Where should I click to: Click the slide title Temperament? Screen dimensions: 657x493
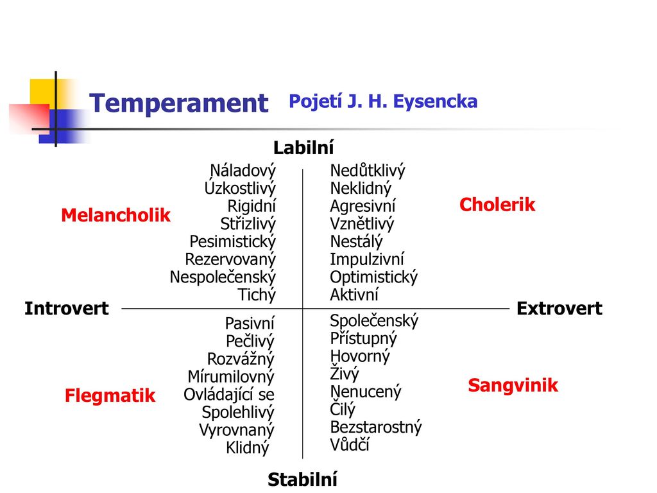click(179, 103)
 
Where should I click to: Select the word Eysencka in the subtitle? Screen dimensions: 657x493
click(436, 102)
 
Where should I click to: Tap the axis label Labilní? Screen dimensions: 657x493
click(303, 148)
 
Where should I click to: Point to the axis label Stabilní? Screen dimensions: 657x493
click(303, 479)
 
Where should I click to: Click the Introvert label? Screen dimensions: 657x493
click(67, 309)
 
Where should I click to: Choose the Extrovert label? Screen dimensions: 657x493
click(559, 309)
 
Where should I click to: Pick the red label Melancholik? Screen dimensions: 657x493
click(115, 215)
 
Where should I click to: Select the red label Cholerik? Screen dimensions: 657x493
click(497, 205)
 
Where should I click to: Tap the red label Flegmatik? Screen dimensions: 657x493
click(110, 395)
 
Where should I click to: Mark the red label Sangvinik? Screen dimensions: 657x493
click(513, 385)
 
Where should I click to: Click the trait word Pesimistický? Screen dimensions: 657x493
click(232, 242)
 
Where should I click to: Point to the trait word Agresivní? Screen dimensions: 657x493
click(363, 206)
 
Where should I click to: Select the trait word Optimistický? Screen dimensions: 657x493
click(374, 277)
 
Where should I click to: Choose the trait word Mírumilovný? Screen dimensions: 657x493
click(231, 377)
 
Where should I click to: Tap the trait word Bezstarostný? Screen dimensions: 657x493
click(376, 427)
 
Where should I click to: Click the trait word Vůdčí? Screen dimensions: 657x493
click(350, 444)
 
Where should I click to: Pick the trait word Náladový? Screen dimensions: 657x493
click(243, 171)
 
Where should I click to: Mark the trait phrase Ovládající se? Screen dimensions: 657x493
click(229, 395)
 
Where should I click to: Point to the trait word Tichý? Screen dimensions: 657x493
click(257, 295)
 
